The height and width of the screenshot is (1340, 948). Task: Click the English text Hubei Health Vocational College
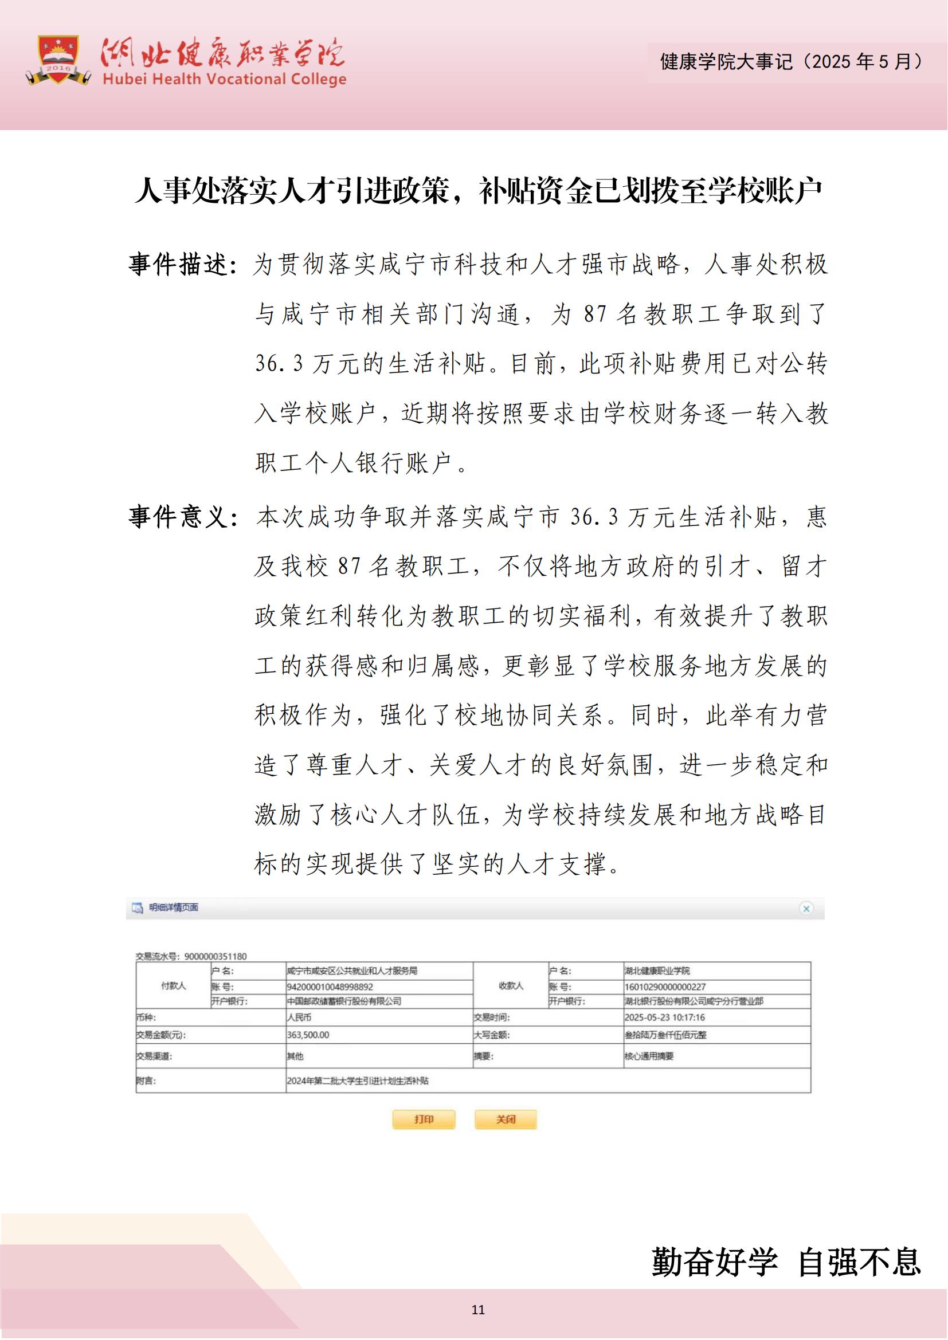pyautogui.click(x=224, y=80)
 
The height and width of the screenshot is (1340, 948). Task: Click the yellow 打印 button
pyautogui.click(x=424, y=1119)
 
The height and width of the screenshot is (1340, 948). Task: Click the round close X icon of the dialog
pyautogui.click(x=806, y=909)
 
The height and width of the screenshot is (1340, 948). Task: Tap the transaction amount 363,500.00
pyautogui.click(x=308, y=1035)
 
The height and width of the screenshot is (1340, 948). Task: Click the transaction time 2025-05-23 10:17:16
pyautogui.click(x=664, y=1017)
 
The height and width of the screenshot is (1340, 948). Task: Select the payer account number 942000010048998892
pyautogui.click(x=330, y=987)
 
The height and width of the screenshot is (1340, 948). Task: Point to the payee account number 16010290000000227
pyautogui.click(x=665, y=987)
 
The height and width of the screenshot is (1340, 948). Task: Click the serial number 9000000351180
pyautogui.click(x=216, y=957)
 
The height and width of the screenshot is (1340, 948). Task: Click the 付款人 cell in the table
pyautogui.click(x=173, y=986)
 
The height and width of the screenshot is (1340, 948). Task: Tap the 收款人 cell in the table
pyautogui.click(x=511, y=986)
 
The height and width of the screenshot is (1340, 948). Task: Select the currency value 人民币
pyautogui.click(x=299, y=1017)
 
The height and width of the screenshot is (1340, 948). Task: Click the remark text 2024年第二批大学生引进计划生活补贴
pyautogui.click(x=357, y=1081)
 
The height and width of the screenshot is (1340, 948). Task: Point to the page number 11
pyautogui.click(x=478, y=1310)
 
